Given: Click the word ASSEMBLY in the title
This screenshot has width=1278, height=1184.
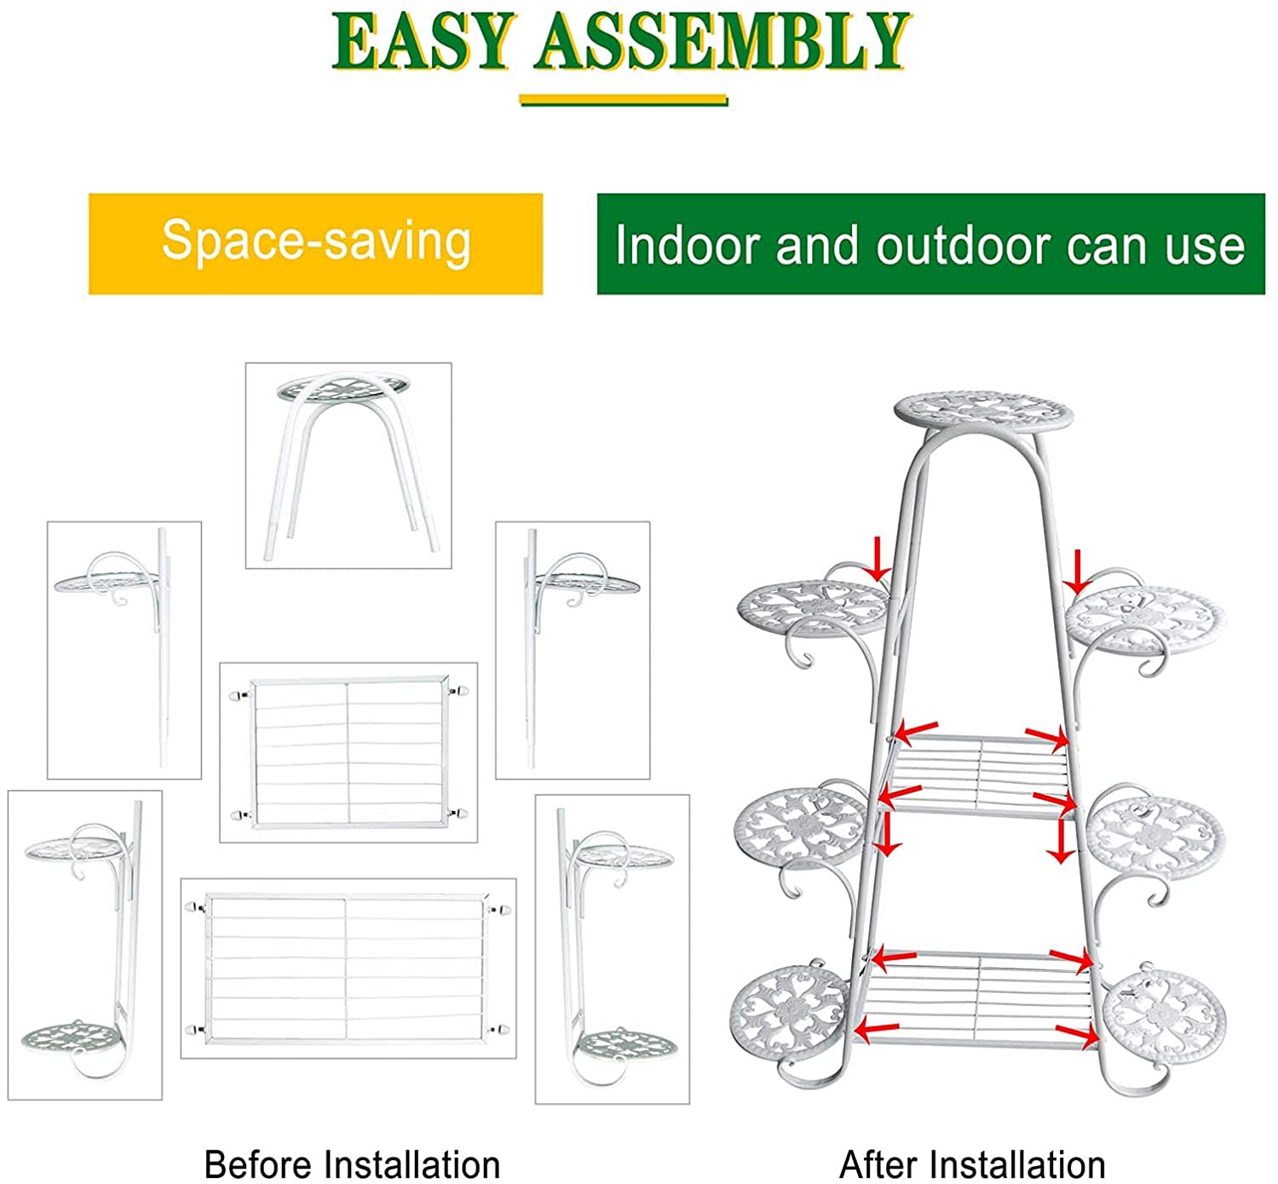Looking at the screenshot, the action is [x=722, y=41].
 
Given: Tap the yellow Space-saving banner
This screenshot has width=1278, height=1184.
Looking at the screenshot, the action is [x=315, y=244].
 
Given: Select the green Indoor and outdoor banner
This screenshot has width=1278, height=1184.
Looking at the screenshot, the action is [x=930, y=244].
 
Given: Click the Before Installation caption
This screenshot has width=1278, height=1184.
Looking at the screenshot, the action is [x=352, y=1164].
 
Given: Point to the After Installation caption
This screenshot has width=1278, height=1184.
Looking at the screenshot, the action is [x=972, y=1164].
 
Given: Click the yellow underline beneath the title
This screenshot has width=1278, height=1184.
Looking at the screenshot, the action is [x=624, y=101].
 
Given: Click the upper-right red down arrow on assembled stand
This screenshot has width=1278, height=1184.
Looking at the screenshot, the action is [x=1077, y=572].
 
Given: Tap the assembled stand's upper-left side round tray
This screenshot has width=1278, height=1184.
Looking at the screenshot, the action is [x=814, y=607].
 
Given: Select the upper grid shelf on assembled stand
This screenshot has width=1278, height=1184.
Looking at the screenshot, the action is [x=980, y=775].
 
